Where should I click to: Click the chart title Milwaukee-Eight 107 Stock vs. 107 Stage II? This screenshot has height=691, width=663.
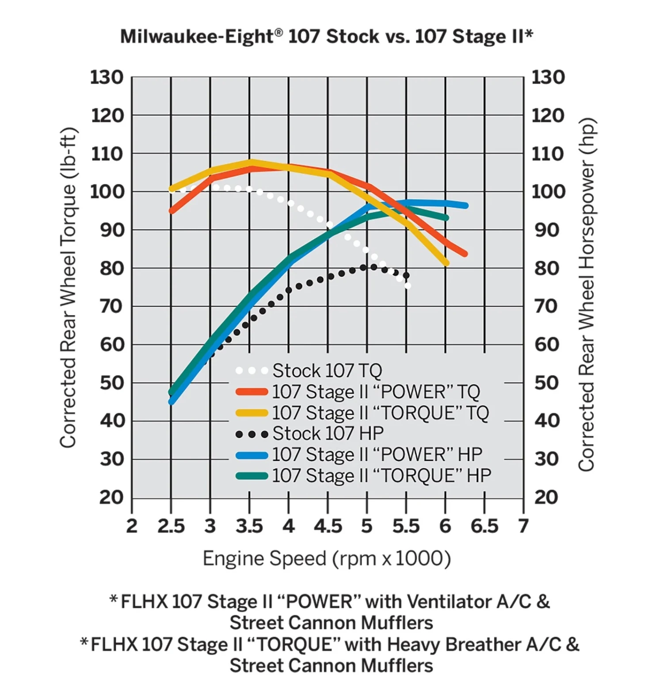(327, 36)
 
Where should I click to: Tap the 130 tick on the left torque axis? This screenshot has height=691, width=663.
(107, 77)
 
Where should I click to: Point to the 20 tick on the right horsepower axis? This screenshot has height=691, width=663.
(547, 497)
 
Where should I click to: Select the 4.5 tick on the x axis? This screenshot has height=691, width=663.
(328, 526)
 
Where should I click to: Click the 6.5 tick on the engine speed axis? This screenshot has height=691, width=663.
(484, 526)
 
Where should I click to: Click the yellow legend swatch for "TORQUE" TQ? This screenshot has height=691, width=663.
(252, 413)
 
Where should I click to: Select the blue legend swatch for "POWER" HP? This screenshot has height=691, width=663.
(252, 455)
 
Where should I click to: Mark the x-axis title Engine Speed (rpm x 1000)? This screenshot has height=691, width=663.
(327, 558)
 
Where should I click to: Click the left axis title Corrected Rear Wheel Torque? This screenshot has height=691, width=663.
(69, 287)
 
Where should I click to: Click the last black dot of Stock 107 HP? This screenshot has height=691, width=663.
(406, 275)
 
